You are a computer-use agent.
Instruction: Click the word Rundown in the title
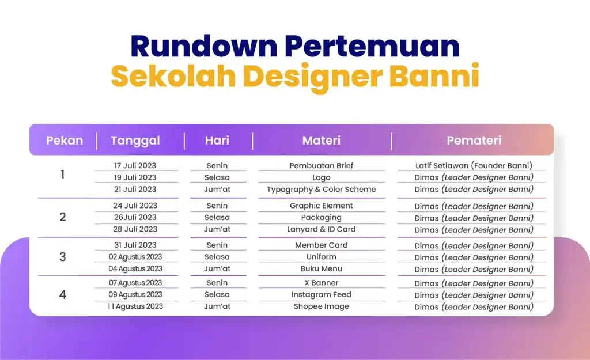[x=204, y=46]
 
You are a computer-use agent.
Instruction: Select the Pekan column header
[x=65, y=141]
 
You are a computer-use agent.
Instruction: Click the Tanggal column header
[x=135, y=141]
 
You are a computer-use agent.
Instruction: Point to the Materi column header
[x=322, y=141]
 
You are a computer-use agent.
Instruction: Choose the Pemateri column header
[x=474, y=141]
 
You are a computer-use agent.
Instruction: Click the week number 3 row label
[x=62, y=257]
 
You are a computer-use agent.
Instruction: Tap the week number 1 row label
[x=62, y=175]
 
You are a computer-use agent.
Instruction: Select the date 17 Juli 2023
[x=135, y=165]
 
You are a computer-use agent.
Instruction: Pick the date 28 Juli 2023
[x=135, y=229]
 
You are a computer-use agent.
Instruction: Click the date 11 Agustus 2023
[x=135, y=306]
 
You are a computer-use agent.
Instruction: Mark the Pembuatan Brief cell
[x=322, y=165]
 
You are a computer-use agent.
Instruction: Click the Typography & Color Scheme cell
[x=322, y=190]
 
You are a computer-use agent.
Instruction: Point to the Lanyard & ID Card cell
[x=322, y=229]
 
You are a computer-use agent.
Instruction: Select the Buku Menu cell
[x=322, y=268]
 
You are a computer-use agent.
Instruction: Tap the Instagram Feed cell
[x=322, y=294]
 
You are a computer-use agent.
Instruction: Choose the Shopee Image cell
[x=322, y=306]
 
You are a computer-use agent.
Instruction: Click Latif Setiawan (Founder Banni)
[x=474, y=165]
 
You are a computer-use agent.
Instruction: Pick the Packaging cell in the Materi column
[x=322, y=217]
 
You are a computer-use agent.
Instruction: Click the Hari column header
[x=217, y=141]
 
